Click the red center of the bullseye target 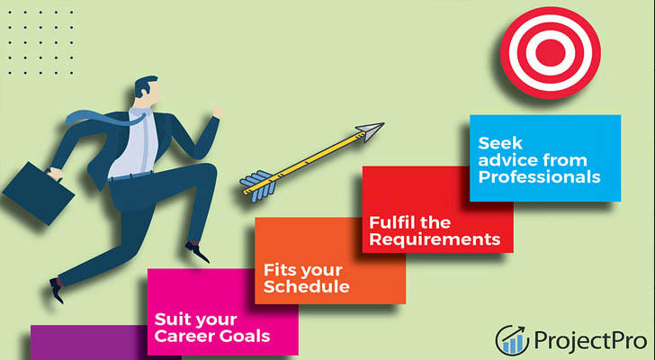pyautogui.click(x=550, y=52)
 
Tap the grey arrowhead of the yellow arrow pyautogui.click(x=370, y=130)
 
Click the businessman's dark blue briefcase pyautogui.click(x=38, y=193)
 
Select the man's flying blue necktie pyautogui.click(x=104, y=118)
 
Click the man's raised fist pyautogui.click(x=218, y=112)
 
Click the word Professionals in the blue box pyautogui.click(x=539, y=177)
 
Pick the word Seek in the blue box pyautogui.click(x=500, y=143)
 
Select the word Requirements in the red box pyautogui.click(x=435, y=239)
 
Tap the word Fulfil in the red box pyautogui.click(x=392, y=222)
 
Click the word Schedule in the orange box pyautogui.click(x=307, y=286)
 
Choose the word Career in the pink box pyautogui.click(x=182, y=337)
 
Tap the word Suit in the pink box pyautogui.click(x=168, y=319)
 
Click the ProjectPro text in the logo pyautogui.click(x=590, y=341)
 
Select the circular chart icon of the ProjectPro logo pyautogui.click(x=512, y=340)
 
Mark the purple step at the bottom pyautogui.click(x=89, y=343)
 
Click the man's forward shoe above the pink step pyautogui.click(x=197, y=251)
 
